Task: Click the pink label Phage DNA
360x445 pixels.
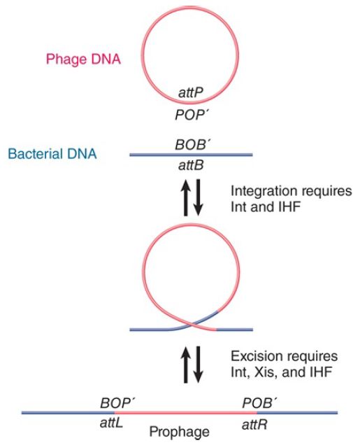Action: pos(83,59)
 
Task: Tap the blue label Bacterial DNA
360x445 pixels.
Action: pos(52,154)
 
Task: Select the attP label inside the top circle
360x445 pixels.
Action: pos(191,92)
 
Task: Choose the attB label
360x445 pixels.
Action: pos(191,165)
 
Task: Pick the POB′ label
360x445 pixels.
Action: pos(259,403)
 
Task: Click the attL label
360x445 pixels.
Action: pos(111,424)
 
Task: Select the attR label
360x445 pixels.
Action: pos(254,425)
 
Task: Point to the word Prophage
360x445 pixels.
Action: pos(180,432)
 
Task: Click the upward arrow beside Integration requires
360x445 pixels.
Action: pos(186,197)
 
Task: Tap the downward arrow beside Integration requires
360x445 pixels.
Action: pos(198,197)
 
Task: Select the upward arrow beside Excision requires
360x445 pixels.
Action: pos(186,365)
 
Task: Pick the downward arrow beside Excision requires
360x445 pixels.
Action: pos(198,365)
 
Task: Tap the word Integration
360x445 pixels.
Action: pos(260,191)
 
